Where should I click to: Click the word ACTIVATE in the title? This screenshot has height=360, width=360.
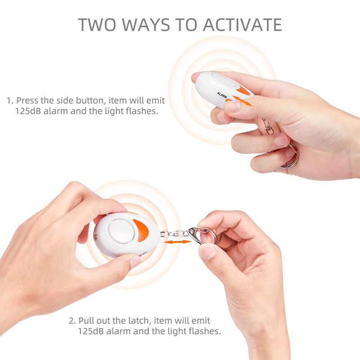tap(243, 25)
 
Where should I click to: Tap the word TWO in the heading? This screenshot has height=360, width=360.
tap(97, 25)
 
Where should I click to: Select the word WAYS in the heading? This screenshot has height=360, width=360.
tap(146, 25)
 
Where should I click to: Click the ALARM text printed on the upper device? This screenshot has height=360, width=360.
tap(222, 95)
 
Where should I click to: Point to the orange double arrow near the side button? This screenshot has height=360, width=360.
tap(242, 101)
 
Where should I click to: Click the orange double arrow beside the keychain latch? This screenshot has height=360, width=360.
tap(177, 242)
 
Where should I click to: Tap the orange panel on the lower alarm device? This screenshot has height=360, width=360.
tap(141, 230)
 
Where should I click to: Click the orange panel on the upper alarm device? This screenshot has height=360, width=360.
tap(243, 90)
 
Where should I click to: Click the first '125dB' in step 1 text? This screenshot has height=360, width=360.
tap(28, 111)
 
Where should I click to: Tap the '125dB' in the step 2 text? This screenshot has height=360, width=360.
tap(91, 331)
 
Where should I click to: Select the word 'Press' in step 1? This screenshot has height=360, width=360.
tap(27, 100)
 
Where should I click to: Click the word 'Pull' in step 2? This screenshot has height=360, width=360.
tap(85, 320)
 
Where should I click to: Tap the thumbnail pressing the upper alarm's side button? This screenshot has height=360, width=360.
tap(232, 107)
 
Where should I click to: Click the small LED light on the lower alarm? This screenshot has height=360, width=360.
tap(96, 236)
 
